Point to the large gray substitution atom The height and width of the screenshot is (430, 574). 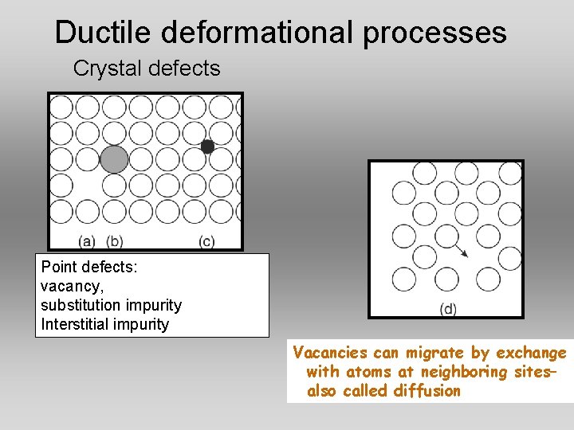114,159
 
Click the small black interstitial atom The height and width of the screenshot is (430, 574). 207,147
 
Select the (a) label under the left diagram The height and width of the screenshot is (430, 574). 87,240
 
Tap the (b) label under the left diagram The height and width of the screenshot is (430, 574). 115,240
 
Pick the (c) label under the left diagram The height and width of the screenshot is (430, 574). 206,240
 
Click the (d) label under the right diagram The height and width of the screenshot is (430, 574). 448,309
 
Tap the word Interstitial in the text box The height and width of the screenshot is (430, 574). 74,324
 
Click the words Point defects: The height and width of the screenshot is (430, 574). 88,268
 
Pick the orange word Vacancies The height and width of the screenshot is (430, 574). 330,353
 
